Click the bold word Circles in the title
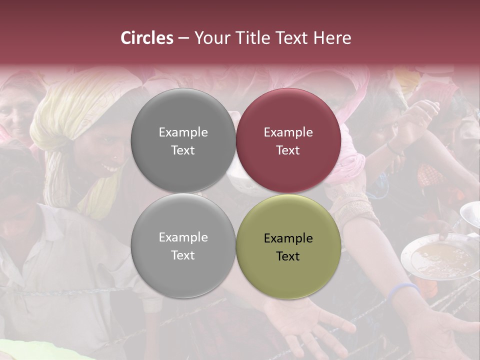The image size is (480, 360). (x=147, y=38)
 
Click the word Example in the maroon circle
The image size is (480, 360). (x=288, y=132)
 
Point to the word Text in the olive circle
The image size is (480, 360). (x=288, y=256)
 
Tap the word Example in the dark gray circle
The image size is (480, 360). (x=183, y=132)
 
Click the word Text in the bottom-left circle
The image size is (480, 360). (x=183, y=255)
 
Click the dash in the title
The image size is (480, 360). (x=183, y=38)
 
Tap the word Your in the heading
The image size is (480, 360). (x=211, y=38)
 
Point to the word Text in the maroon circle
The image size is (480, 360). (x=288, y=150)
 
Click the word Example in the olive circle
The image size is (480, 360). (x=288, y=238)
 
